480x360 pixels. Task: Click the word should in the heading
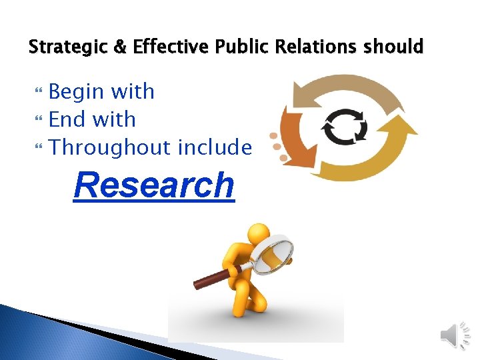coord(398,47)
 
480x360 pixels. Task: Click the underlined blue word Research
coord(154,185)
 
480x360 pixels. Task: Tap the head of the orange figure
coord(258,235)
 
